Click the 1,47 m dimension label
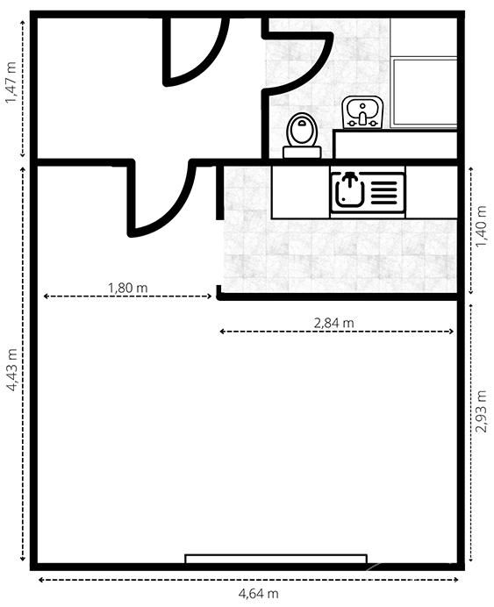[x=11, y=82]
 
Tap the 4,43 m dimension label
[x=11, y=369]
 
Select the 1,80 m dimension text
[x=127, y=288]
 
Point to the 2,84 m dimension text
[x=333, y=323]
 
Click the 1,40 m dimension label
[x=481, y=226]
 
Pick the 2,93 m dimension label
[x=481, y=411]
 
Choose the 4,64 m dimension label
[x=258, y=593]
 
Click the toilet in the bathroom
[x=302, y=135]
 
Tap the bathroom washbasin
[x=362, y=112]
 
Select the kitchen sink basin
[x=349, y=189]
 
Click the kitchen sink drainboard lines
[x=384, y=193]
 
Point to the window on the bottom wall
[x=276, y=559]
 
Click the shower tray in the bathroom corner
[x=425, y=92]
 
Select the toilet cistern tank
[x=302, y=152]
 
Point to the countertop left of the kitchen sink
[x=300, y=192]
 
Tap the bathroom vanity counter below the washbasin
[x=395, y=145]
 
